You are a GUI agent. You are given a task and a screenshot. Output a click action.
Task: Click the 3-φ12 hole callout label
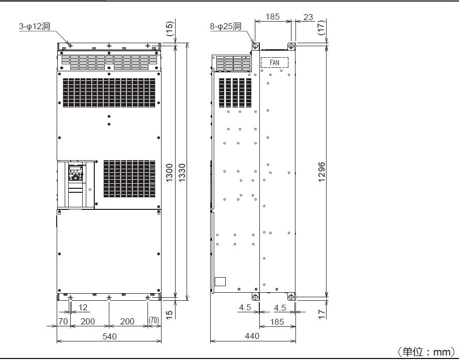pos(35,27)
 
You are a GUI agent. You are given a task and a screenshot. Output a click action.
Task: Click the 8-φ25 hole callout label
pos(225,27)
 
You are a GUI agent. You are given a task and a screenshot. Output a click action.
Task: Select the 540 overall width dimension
pos(109,336)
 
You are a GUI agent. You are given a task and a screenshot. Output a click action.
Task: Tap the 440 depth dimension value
pos(252,336)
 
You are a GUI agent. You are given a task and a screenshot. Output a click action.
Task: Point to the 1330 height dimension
pos(182,173)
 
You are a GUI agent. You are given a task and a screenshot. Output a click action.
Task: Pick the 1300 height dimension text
pos(170,173)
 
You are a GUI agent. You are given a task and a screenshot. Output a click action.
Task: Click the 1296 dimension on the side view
pos(322,172)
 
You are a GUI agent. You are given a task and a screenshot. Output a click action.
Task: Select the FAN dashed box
pos(274,63)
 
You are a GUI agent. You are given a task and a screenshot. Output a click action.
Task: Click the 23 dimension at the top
pos(308,17)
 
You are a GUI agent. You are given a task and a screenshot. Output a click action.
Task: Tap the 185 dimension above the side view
pos(272,17)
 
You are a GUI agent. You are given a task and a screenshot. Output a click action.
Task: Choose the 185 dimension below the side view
pos(277,322)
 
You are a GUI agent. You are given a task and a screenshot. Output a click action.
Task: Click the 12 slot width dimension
pos(83,307)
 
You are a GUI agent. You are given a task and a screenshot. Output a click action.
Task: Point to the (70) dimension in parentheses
pos(154,320)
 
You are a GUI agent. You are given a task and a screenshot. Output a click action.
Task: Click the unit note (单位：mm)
pos(426,351)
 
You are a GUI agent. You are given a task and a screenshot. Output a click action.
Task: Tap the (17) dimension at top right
pos(322,28)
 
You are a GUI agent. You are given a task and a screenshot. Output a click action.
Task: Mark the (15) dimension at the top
pos(170,29)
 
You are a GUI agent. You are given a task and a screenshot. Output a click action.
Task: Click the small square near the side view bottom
pos(220,282)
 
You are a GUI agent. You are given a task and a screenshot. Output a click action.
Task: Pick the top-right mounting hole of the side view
pos(291,46)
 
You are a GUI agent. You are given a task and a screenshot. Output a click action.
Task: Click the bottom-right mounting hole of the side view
pos(291,297)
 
